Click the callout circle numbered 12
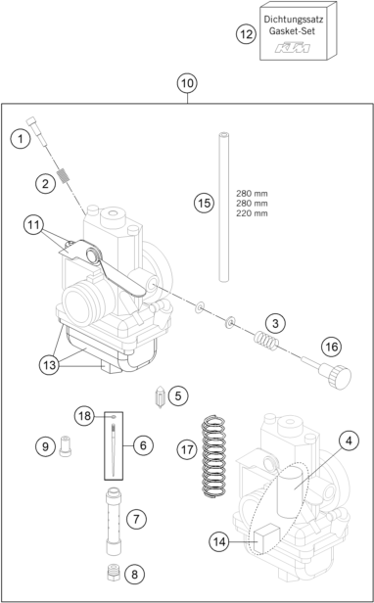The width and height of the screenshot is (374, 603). tap(246, 34)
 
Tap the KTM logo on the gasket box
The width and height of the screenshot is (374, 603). tap(292, 48)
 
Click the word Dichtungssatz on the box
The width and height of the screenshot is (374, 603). tap(294, 20)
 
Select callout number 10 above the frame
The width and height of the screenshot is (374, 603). tap(187, 83)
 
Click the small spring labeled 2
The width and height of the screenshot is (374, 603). tap(65, 176)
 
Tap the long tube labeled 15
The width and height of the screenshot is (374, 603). tap(223, 207)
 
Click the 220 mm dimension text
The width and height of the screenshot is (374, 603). tap(252, 213)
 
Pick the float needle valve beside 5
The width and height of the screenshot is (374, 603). tap(160, 397)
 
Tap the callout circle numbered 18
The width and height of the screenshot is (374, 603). tap(84, 416)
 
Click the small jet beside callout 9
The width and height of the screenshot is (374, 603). tap(66, 445)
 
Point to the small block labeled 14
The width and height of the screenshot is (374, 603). tap(266, 538)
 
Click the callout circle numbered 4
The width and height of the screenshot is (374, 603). tap(349, 441)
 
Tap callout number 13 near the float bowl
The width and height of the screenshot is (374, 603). tap(50, 364)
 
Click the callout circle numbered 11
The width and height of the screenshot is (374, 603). tap(33, 225)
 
